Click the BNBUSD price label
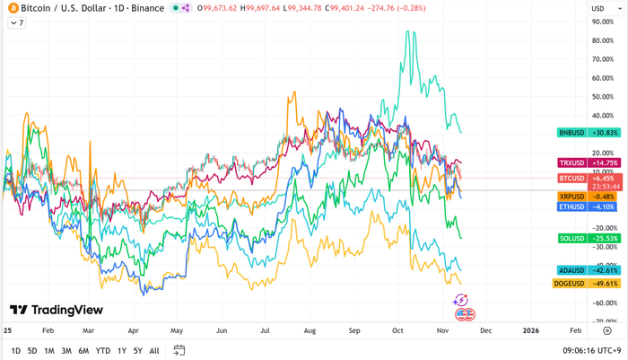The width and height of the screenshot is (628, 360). click(x=571, y=133)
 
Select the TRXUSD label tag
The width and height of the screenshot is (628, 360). click(x=571, y=162)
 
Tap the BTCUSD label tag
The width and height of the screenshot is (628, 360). click(x=571, y=179)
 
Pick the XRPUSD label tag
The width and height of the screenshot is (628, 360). click(x=571, y=197)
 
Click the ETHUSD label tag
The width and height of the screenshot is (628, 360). click(x=571, y=206)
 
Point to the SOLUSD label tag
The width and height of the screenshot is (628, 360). click(x=571, y=238)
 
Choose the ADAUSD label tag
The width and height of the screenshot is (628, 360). click(x=571, y=270)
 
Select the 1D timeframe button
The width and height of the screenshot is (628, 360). click(x=16, y=351)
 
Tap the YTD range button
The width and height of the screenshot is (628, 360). click(x=103, y=351)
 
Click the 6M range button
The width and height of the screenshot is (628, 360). click(x=83, y=351)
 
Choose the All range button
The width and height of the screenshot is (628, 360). click(x=154, y=351)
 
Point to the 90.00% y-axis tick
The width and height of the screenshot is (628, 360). click(x=603, y=22)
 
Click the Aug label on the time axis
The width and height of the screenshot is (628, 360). click(x=310, y=330)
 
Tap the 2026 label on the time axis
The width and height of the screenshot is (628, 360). click(x=530, y=330)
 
